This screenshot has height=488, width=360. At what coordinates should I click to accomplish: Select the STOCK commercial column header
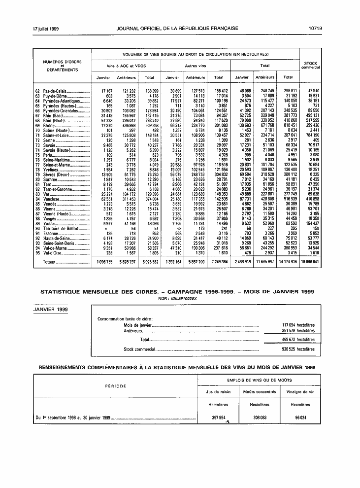310,65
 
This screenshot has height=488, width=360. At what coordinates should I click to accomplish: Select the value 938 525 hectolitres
298,349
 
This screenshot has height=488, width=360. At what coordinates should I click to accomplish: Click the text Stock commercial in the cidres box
139,349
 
